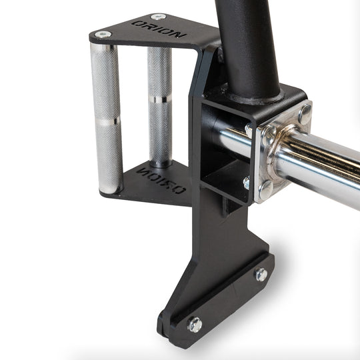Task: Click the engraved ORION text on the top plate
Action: click(159, 29)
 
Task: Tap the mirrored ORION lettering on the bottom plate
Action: click(161, 180)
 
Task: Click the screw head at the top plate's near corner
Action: click(103, 35)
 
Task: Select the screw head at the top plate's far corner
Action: click(158, 17)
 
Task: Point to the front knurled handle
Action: click(107, 118)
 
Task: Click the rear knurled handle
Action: click(160, 107)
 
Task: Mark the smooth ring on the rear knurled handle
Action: click(160, 99)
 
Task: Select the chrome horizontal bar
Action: click(299, 161)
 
